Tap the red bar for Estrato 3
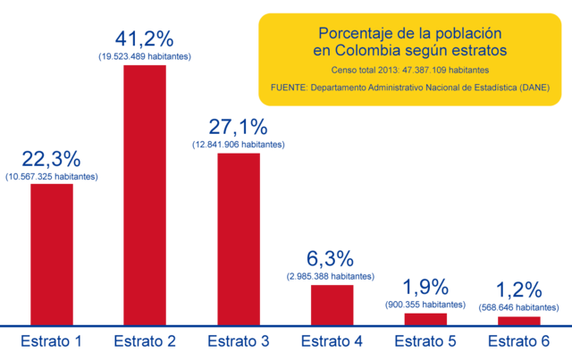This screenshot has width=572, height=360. point(239,238)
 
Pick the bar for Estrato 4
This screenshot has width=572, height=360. point(332,304)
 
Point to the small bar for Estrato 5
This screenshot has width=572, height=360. point(425,318)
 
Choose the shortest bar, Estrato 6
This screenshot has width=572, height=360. point(518,320)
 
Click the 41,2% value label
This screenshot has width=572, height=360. point(145,40)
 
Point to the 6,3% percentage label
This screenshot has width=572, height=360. point(332,260)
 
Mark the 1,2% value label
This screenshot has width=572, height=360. point(519,290)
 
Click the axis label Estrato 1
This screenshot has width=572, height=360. point(52,341)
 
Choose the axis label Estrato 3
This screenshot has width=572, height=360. point(239,341)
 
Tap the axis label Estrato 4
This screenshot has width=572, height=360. point(332,341)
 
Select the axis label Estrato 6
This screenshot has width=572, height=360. point(519,341)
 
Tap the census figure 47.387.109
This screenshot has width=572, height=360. point(427,70)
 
